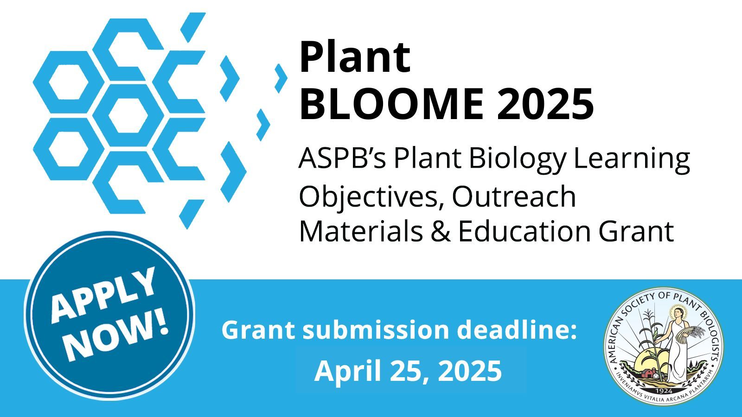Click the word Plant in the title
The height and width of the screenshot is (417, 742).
pyautogui.click(x=355, y=57)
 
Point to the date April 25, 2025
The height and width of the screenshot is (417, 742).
pyautogui.click(x=408, y=371)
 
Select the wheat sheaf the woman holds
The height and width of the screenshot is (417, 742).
pyautogui.click(x=696, y=332)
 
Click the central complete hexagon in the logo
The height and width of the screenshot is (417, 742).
pyautogui.click(x=128, y=115)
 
